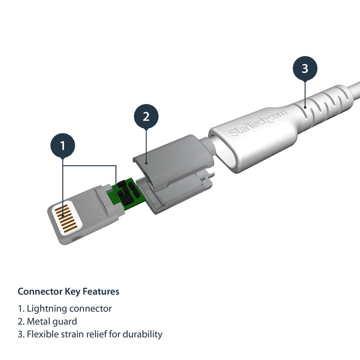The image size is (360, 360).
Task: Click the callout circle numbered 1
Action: point(63,145)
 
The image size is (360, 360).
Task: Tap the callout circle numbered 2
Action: point(146,117)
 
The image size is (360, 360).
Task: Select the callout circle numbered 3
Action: point(305,69)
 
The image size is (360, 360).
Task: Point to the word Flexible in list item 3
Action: point(43,334)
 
